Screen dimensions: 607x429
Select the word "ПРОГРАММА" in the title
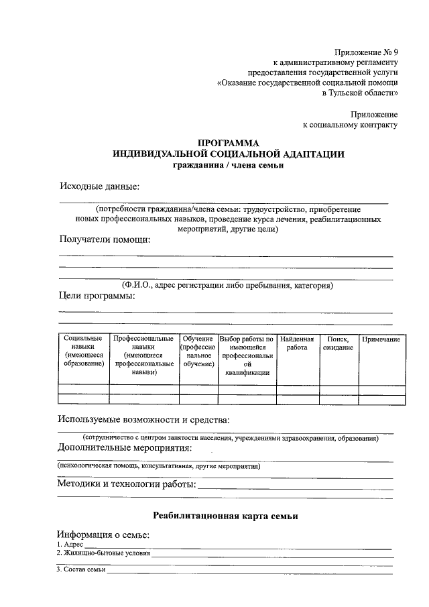[229, 143]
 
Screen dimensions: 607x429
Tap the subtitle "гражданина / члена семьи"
[229, 166]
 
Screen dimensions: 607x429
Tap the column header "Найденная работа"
[297, 343]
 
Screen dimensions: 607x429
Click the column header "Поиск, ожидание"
[338, 343]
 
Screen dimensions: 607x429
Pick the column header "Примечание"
[381, 339]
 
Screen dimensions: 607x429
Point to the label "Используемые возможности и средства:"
[143, 420]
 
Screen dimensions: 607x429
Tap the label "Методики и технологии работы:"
[127, 484]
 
